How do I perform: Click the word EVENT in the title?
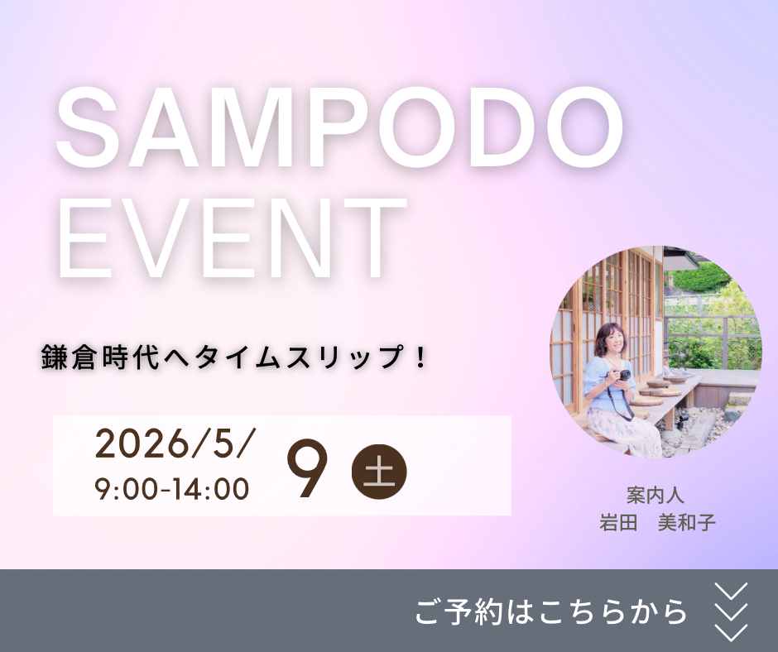point(231,237)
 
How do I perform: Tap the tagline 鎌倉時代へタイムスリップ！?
point(233,357)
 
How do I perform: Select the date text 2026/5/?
point(174,444)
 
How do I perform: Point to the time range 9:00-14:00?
point(172,489)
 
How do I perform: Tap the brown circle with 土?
point(379,472)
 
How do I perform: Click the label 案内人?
point(656,496)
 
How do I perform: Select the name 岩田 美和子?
point(657,522)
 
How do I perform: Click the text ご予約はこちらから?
point(551,611)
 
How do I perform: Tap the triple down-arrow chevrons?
point(731,611)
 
